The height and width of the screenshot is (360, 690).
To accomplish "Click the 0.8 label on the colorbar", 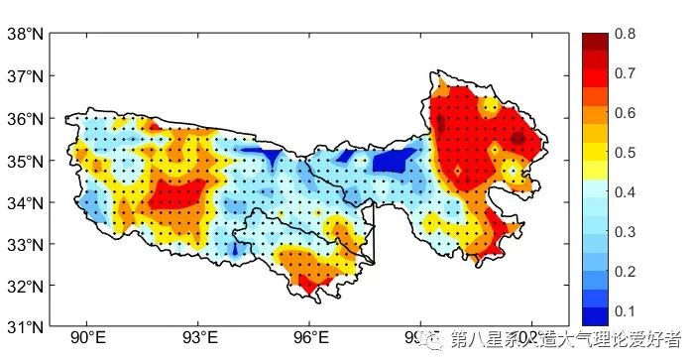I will [625, 35].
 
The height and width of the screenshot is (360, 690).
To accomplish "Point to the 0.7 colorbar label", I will [625, 74].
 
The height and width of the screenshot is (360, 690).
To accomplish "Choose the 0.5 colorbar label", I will [625, 153].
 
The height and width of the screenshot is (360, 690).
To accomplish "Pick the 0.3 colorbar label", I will [625, 232].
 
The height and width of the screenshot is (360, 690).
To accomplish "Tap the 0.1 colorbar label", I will [625, 310].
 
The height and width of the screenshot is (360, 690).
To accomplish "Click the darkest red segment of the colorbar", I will [594, 42].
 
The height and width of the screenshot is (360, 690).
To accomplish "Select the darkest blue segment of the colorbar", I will [594, 315].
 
